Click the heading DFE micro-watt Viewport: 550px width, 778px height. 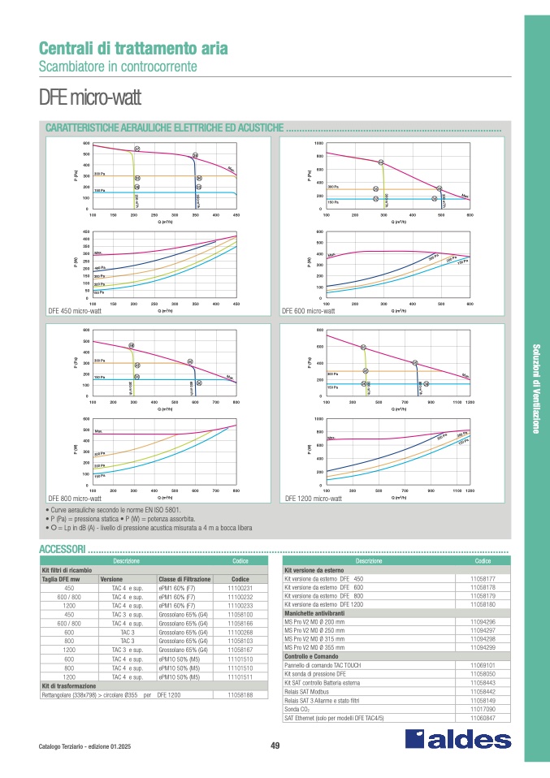[x=89, y=100]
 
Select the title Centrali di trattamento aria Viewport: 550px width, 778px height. [x=133, y=48]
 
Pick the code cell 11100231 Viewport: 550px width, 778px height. [x=241, y=588]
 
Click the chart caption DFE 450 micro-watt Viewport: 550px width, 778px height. [x=75, y=311]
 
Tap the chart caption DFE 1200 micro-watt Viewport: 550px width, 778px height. [x=313, y=498]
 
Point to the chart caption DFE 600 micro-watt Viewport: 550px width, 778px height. [x=308, y=311]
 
